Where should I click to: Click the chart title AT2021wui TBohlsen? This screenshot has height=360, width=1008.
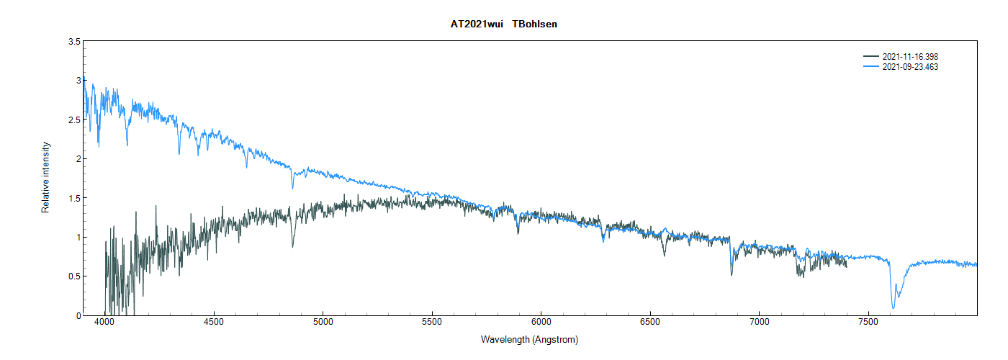pos(503,24)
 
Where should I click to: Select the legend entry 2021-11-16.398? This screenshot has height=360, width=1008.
pos(910,57)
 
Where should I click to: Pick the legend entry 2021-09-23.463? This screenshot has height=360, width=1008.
pos(910,67)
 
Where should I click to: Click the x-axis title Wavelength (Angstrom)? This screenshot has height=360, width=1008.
pos(529,339)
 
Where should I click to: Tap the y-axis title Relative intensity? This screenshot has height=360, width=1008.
pos(45,177)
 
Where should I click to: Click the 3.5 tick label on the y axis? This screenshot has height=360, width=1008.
pos(74,42)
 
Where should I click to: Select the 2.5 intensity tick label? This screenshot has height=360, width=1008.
pos(74,120)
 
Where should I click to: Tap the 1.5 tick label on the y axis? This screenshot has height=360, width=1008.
pos(74,198)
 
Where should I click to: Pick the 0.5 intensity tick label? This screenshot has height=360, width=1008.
pos(74,276)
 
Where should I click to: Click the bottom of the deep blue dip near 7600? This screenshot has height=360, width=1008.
pos(894,308)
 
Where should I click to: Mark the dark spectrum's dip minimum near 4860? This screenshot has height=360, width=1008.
pos(292,247)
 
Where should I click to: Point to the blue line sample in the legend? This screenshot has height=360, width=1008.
pos(871,67)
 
